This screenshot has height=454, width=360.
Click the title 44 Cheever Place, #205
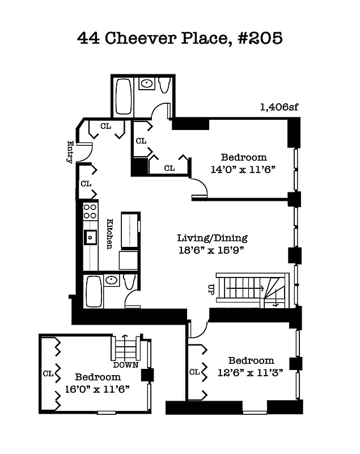[179, 39]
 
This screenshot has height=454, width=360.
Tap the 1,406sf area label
[279, 106]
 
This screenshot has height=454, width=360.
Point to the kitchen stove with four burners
[90, 212]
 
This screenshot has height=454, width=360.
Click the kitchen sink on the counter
[90, 237]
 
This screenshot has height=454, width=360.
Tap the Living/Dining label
[212, 238]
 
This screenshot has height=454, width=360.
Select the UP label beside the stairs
[211, 289]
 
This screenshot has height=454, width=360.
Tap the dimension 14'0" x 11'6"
[243, 169]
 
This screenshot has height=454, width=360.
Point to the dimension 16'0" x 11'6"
[98, 389]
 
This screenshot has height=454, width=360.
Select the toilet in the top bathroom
[164, 86]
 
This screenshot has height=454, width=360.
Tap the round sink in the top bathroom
[147, 84]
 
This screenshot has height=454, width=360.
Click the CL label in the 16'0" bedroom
[48, 373]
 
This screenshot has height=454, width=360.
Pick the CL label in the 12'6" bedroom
[194, 372]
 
